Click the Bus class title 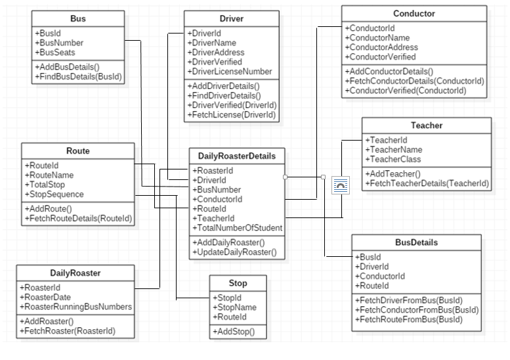(77, 18)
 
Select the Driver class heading (231, 19)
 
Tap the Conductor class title (414, 14)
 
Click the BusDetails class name (416, 242)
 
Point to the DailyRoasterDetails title (237, 156)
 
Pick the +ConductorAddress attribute (381, 47)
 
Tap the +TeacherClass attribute (393, 159)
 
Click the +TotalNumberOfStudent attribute (238, 228)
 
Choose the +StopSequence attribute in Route (54, 194)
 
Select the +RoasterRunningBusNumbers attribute (75, 306)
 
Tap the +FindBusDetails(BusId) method (78, 77)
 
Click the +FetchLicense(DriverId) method (231, 115)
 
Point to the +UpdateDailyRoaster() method (234, 252)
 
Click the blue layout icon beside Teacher (341, 185)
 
